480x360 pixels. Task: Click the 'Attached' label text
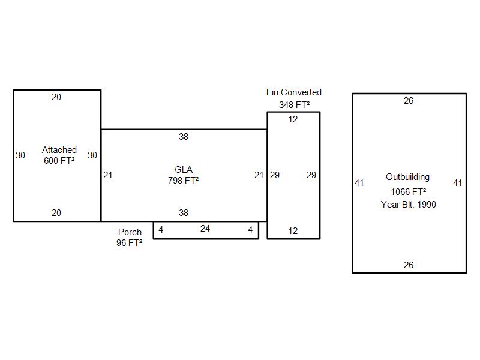(59, 149)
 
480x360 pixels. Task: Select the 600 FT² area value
(59, 160)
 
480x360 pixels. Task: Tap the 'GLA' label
(184, 170)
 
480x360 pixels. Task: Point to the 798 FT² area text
(184, 180)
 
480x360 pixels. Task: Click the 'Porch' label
(130, 232)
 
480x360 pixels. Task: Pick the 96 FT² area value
(130, 243)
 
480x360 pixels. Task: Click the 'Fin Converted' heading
(294, 92)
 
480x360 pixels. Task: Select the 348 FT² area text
(294, 104)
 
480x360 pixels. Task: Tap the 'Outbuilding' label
(408, 177)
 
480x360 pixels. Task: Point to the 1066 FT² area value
(408, 191)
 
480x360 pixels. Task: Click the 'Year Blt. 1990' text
(408, 204)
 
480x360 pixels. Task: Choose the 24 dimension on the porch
(205, 229)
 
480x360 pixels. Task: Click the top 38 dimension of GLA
(184, 137)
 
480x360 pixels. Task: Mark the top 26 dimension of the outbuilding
(409, 101)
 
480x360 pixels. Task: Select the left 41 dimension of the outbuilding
(359, 183)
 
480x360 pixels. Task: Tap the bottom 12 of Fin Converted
(293, 231)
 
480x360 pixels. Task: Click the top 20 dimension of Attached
(56, 97)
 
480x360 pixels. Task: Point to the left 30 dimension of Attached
(20, 155)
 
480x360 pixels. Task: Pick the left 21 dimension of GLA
(107, 175)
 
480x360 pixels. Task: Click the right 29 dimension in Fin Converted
(311, 175)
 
